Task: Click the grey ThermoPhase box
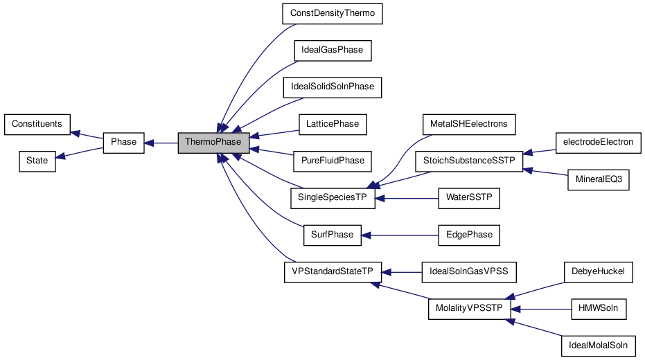tap(213, 143)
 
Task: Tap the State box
tap(37, 161)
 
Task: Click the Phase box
tap(124, 143)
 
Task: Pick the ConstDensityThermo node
tap(333, 14)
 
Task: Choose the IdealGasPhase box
tap(333, 51)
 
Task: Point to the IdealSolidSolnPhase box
tap(333, 87)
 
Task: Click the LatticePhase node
tap(333, 124)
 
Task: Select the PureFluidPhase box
tap(333, 161)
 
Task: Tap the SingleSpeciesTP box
tap(333, 198)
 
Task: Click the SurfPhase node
tap(332, 235)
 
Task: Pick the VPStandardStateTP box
tap(333, 271)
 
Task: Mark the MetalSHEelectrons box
tap(469, 124)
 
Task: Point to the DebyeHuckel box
tap(599, 271)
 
